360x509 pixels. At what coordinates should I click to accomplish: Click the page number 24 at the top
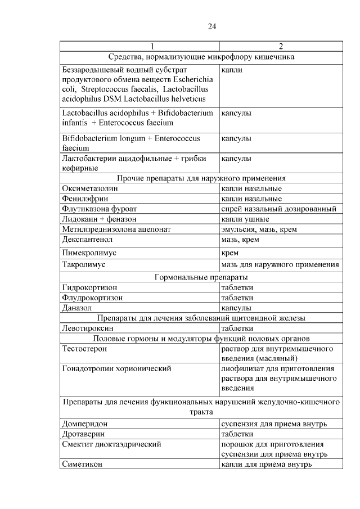[x=212, y=26]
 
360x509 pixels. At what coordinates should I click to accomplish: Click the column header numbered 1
[x=139, y=46]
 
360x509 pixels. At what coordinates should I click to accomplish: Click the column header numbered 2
[x=281, y=46]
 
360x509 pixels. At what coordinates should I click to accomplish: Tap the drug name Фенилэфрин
[x=85, y=199]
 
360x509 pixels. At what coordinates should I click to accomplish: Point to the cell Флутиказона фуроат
[x=97, y=209]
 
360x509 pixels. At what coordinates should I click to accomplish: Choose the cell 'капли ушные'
[x=245, y=219]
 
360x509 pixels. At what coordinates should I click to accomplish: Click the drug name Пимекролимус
[x=91, y=253]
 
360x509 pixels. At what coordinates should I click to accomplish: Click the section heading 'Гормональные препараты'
[x=201, y=277]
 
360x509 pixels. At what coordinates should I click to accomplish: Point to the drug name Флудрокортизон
[x=93, y=298]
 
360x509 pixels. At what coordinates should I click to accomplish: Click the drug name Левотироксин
[x=88, y=328]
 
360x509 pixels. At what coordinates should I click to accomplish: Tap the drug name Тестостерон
[x=85, y=349]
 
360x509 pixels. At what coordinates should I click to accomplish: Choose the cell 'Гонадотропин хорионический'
[x=116, y=369]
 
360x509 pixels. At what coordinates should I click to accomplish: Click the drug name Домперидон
[x=85, y=424]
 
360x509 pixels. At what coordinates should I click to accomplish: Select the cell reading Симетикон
[x=83, y=464]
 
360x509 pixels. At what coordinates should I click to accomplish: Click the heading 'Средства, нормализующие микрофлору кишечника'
[x=201, y=56]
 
